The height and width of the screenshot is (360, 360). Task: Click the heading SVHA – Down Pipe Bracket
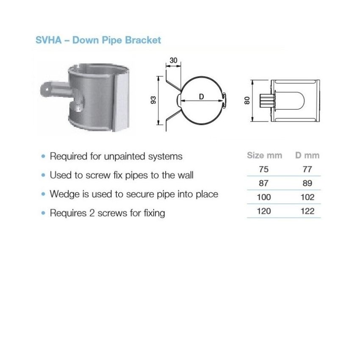[x=98, y=40]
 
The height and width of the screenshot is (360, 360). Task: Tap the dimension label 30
[x=173, y=61]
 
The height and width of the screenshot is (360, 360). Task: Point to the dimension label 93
[x=153, y=100]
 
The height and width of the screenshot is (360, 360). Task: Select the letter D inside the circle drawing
[x=202, y=97]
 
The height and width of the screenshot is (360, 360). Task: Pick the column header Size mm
[x=264, y=155]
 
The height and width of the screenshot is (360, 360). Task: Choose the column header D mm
[x=307, y=155]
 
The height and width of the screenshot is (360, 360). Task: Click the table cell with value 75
[x=263, y=169]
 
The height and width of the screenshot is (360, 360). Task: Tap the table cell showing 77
[x=307, y=169]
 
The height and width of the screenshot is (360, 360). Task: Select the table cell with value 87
[x=263, y=183]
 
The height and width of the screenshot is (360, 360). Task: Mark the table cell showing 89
[x=307, y=183]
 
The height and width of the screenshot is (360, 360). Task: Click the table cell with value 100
[x=263, y=197]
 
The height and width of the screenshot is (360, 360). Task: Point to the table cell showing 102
[x=307, y=197]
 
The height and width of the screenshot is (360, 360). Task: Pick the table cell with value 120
[x=263, y=211]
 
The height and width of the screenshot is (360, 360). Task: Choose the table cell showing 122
[x=307, y=211]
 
